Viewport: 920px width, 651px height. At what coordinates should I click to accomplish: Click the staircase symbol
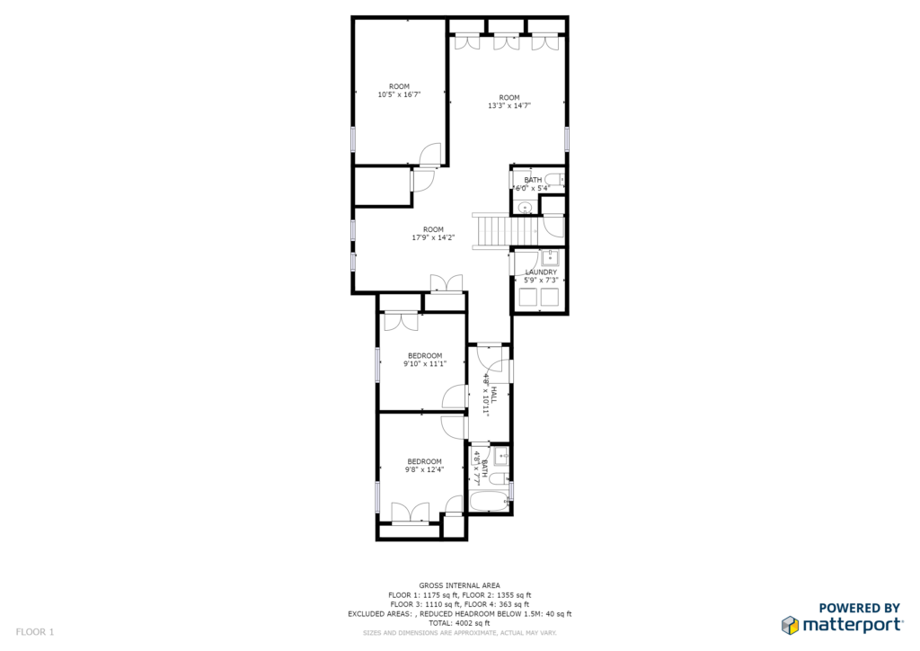(x=491, y=230)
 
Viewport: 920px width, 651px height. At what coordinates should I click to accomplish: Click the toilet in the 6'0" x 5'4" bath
(x=553, y=180)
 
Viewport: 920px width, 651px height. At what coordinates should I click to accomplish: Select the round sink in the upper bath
(x=525, y=208)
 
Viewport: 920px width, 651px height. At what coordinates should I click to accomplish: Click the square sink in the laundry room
(x=550, y=258)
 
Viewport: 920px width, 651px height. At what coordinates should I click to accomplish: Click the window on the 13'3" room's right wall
(x=567, y=138)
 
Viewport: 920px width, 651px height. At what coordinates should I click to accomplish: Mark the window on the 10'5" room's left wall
(x=353, y=138)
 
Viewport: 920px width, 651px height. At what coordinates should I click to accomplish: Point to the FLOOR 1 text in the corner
(x=35, y=632)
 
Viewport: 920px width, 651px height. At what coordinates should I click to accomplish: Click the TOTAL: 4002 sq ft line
(x=459, y=622)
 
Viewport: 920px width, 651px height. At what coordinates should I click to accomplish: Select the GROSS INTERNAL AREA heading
(x=459, y=585)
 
